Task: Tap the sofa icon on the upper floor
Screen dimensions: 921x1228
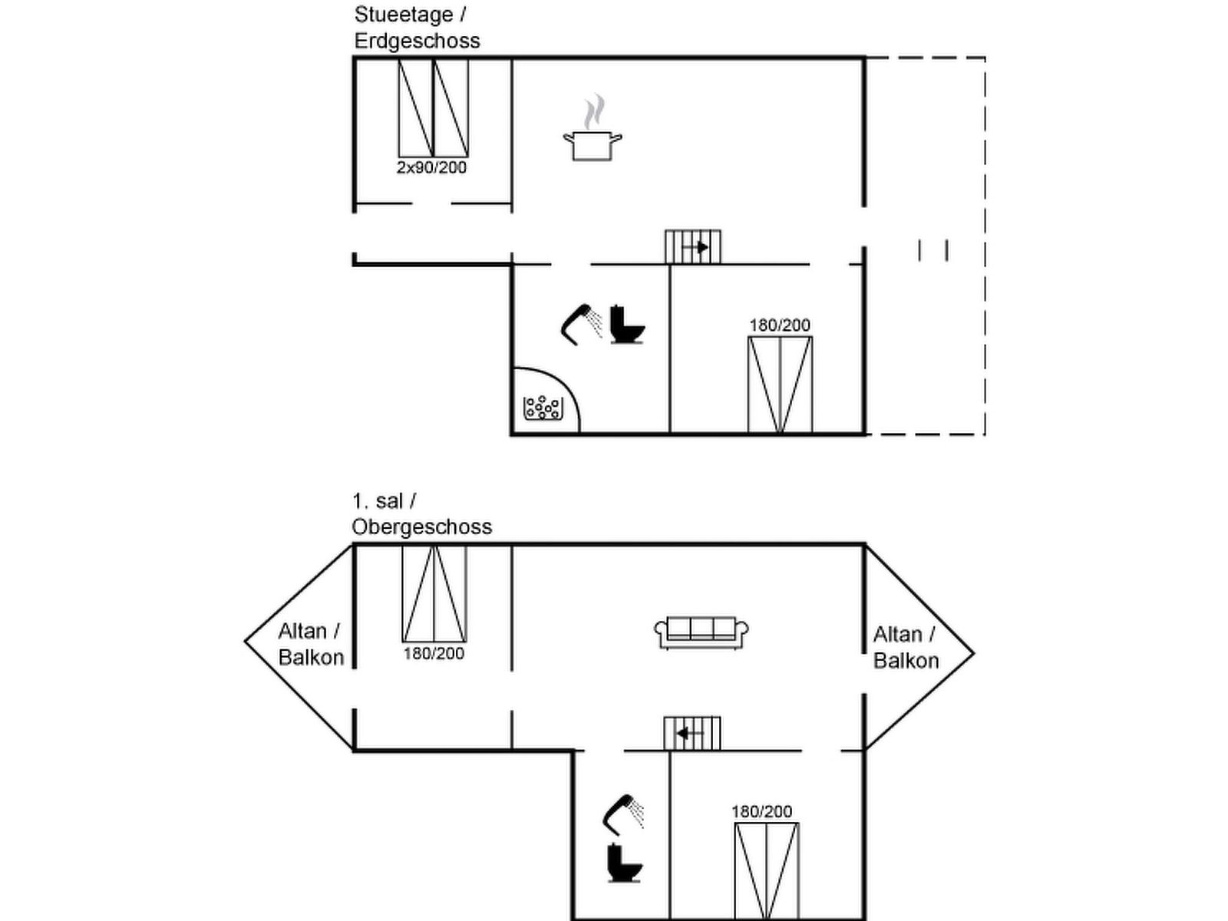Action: (x=701, y=632)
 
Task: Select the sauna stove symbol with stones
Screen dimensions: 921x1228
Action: (x=543, y=408)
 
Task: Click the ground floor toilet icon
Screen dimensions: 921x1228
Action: (x=626, y=325)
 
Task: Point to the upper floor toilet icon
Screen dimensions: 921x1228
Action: (x=624, y=863)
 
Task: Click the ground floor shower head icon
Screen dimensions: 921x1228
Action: (x=582, y=324)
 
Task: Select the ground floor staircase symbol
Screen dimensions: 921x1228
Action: (x=692, y=246)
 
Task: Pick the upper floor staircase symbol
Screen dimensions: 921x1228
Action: (x=692, y=733)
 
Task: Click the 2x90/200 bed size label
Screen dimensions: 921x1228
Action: (x=431, y=167)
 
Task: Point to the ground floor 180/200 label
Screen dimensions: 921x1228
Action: (x=779, y=325)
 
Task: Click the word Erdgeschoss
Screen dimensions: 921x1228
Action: (x=417, y=41)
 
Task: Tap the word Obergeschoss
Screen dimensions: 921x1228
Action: (x=421, y=527)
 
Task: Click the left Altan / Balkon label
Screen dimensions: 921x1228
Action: (x=310, y=644)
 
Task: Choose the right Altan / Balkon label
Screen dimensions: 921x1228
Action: (x=905, y=648)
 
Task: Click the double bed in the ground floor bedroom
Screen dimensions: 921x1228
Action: (x=780, y=385)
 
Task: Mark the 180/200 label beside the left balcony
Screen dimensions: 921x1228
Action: (x=434, y=654)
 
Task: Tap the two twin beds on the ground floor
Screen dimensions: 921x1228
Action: (x=433, y=108)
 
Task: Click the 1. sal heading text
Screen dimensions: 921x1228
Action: (x=378, y=501)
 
